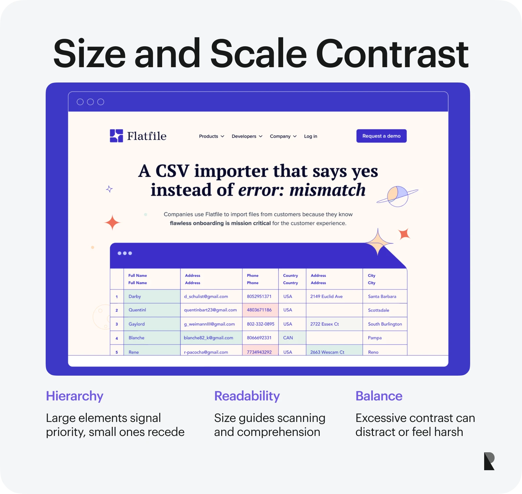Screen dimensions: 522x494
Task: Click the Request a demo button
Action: (x=381, y=136)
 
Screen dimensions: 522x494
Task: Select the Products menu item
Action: (x=211, y=136)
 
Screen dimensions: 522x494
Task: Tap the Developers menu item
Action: (x=247, y=136)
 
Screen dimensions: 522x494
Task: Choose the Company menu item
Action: (x=283, y=136)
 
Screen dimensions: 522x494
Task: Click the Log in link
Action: (x=311, y=136)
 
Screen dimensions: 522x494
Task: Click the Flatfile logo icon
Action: (x=116, y=136)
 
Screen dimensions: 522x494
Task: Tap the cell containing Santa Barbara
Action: (x=385, y=296)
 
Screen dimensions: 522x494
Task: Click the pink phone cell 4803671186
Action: (x=260, y=310)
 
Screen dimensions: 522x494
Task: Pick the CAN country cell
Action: (x=292, y=338)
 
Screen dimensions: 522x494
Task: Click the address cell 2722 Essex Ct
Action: (x=334, y=324)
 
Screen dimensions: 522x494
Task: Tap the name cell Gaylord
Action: (x=152, y=324)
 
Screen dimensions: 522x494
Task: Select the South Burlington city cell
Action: (x=385, y=324)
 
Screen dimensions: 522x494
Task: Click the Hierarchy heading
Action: (x=75, y=396)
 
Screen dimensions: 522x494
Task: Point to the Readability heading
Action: (x=247, y=396)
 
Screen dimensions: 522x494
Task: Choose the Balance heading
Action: (x=379, y=396)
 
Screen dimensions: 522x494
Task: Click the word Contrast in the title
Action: (x=392, y=53)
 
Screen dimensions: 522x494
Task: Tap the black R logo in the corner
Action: (x=489, y=461)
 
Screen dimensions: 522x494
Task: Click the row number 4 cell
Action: (x=117, y=338)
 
